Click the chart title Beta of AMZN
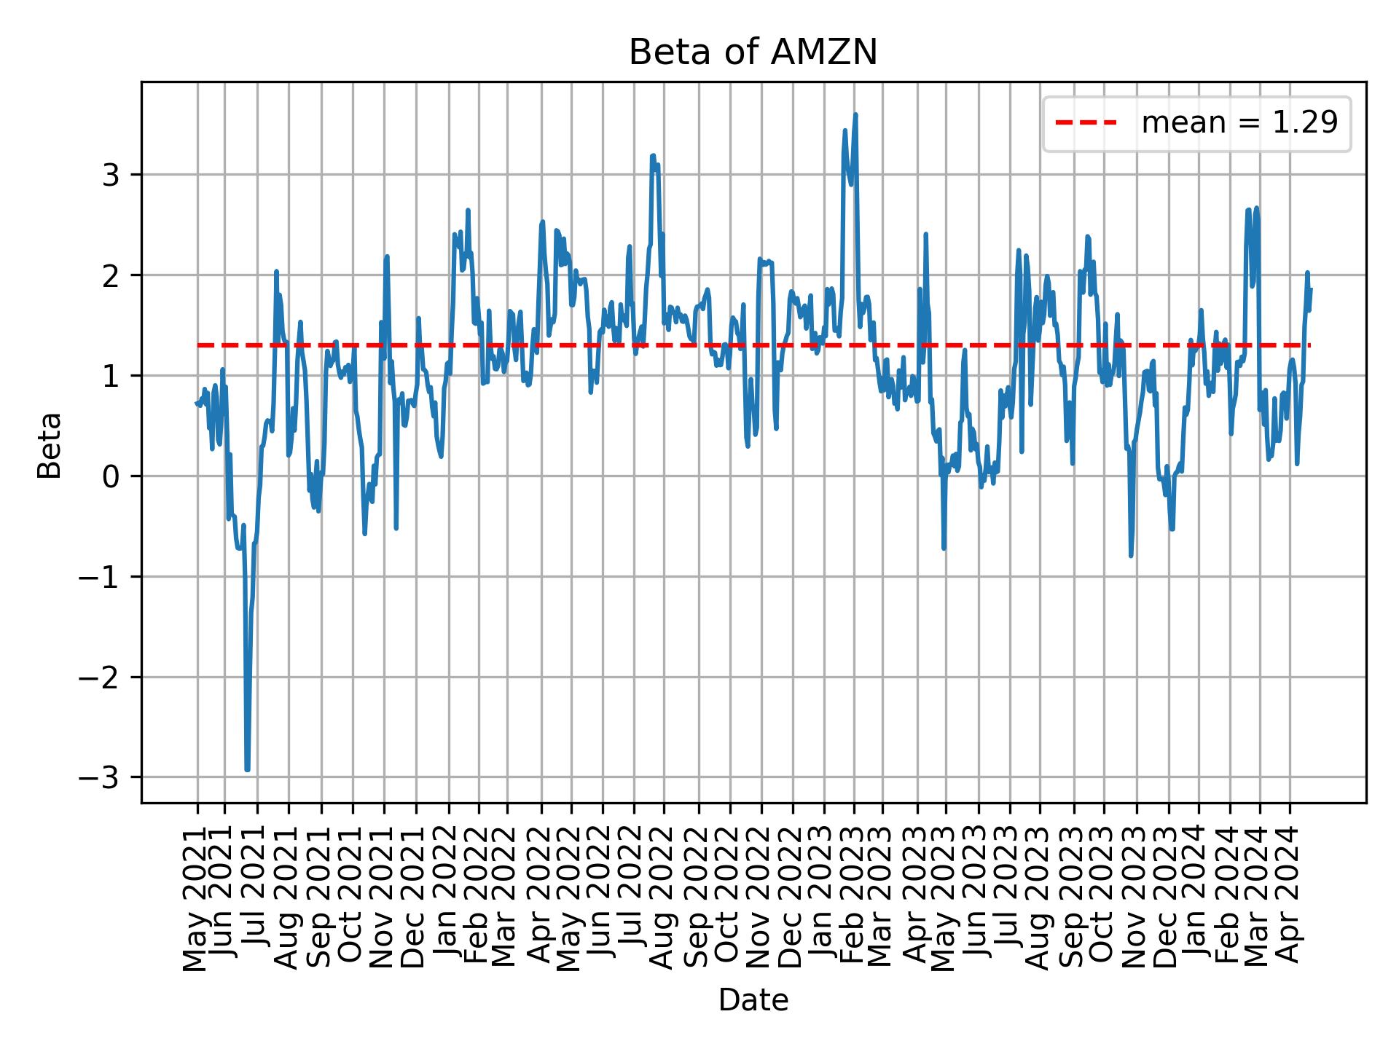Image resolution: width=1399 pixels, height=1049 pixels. pos(753,52)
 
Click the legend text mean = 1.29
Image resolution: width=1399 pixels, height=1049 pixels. pos(1239,123)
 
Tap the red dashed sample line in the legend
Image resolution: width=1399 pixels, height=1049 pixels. pos(1086,123)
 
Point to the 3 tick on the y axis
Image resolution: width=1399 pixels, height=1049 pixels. pos(111,175)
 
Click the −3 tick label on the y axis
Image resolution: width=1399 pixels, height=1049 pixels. pos(103,778)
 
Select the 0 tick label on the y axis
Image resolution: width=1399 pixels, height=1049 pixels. pos(111,476)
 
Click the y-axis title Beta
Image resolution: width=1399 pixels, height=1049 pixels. pos(50,445)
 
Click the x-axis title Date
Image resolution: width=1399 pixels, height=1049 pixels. pos(753,1001)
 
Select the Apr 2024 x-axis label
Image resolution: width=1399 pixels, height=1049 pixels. pos(1290,895)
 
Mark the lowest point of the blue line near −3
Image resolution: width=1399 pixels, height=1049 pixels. pos(247,769)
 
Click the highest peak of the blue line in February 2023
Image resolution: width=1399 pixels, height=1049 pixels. pos(855,114)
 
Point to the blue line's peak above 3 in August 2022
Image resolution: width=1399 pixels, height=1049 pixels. pos(653,155)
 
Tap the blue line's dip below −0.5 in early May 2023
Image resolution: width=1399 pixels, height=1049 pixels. pos(944,548)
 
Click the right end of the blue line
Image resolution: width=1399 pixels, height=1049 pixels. pos(1311,289)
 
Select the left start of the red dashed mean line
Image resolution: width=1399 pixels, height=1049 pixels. pos(198,345)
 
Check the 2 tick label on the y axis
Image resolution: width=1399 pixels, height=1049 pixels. pos(111,275)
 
